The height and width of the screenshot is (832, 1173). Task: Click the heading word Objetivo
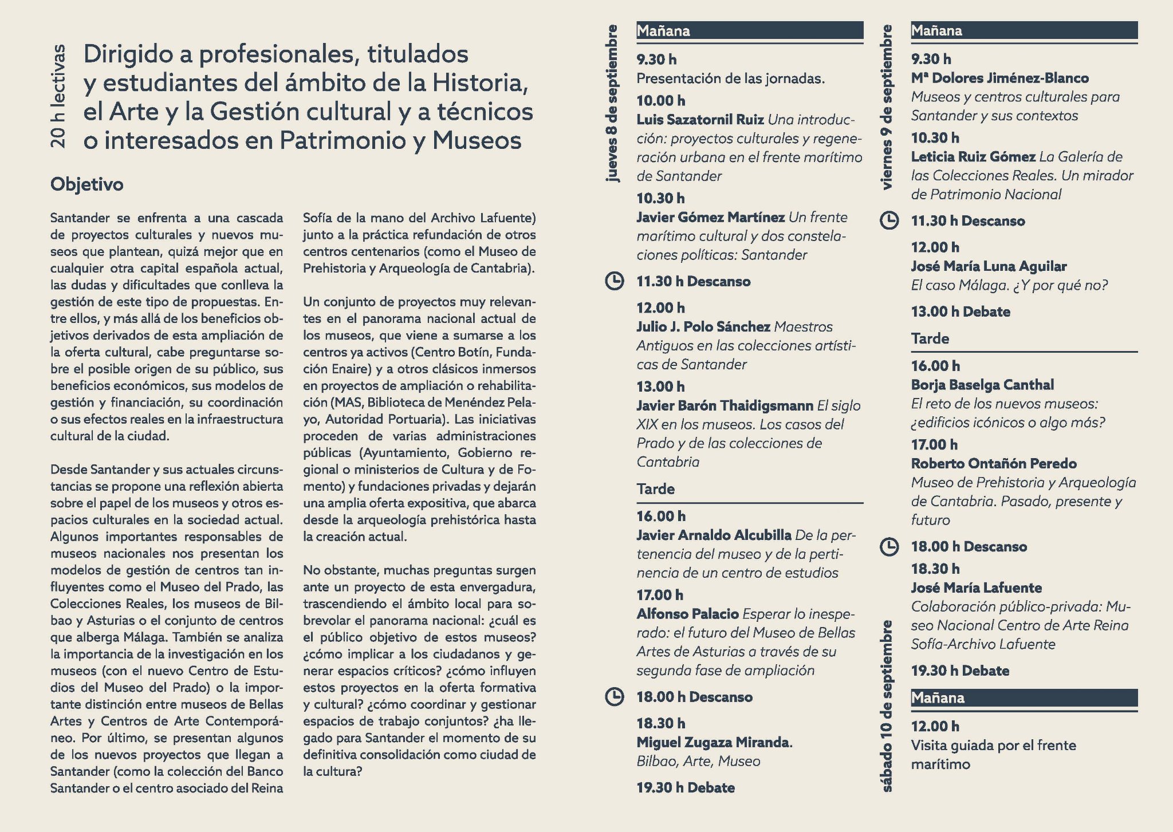coord(86,184)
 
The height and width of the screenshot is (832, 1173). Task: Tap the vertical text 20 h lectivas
coord(59,96)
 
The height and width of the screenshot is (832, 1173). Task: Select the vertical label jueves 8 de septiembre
coord(612,104)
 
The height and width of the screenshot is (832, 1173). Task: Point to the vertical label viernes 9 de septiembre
coord(887,107)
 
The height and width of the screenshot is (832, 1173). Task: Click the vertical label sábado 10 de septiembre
coord(887,706)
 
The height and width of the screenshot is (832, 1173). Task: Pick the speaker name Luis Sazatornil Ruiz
coord(700,120)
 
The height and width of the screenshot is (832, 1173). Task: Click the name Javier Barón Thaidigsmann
coord(725,405)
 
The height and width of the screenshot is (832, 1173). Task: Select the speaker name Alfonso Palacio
coord(687,614)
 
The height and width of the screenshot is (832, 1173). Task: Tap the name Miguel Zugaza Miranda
coord(713,742)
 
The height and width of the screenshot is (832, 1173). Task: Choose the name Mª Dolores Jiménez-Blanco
coord(999,78)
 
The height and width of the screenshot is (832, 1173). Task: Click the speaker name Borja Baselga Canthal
coord(982,385)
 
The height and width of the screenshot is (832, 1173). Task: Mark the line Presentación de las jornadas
coord(730,78)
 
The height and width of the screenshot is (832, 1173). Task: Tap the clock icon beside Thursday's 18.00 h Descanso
coord(614,697)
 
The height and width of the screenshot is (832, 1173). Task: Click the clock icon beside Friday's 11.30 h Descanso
coord(888,220)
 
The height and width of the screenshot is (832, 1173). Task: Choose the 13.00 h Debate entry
coord(961,311)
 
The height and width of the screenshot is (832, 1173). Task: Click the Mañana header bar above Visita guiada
coord(1024,697)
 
